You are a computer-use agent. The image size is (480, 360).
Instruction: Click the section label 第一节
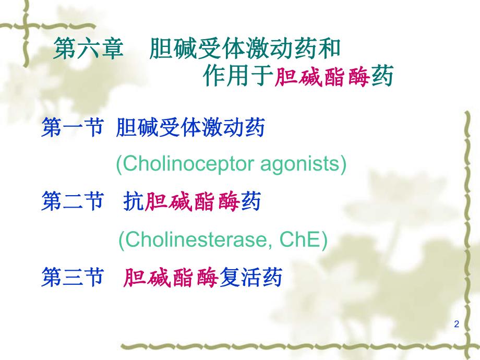pos(71,128)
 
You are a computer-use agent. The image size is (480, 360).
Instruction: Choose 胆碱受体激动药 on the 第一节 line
pos(190,128)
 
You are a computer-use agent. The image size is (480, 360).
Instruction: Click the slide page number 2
pos(457,325)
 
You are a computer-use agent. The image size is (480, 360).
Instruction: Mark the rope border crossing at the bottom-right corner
pos(466,345)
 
